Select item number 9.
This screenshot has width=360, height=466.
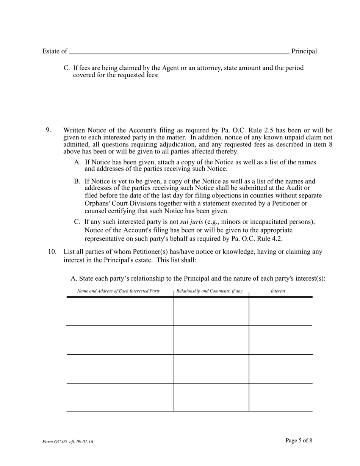pos(49,130)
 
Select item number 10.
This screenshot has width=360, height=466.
pos(52,252)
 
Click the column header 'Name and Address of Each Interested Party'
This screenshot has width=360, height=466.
pos(119,291)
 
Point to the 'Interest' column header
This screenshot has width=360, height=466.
pos(278,291)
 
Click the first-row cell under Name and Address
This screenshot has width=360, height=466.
pos(120,311)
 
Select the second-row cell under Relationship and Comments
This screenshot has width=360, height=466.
pos(211,340)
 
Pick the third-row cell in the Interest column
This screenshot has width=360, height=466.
pos(280,369)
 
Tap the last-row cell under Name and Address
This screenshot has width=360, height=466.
pos(120,397)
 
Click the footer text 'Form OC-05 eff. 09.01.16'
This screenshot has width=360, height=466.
pos(68,442)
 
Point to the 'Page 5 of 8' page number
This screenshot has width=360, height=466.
pos(299,440)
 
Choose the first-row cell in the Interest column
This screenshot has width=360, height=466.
pos(280,311)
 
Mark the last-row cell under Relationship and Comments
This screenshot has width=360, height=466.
pos(211,397)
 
